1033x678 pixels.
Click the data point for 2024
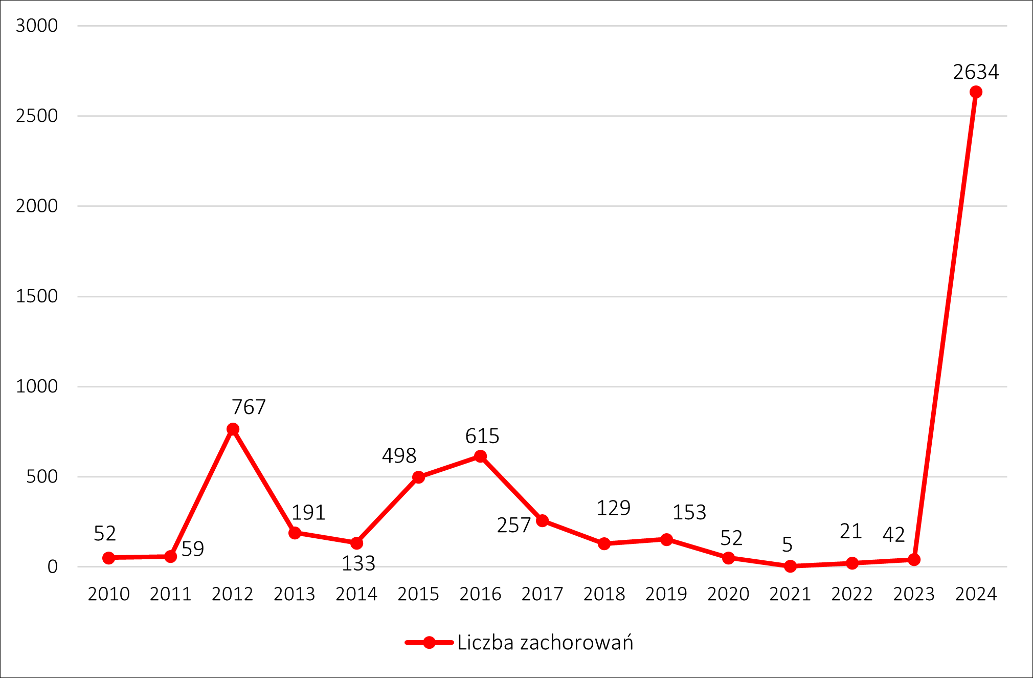pyautogui.click(x=975, y=92)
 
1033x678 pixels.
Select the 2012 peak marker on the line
pyautogui.click(x=233, y=429)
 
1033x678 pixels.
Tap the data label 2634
pyautogui.click(x=976, y=72)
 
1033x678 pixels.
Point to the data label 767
pyautogui.click(x=249, y=407)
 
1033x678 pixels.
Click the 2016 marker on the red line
pyautogui.click(x=480, y=456)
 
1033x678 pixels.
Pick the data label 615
pyautogui.click(x=482, y=436)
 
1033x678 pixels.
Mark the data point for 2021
pyautogui.click(x=790, y=566)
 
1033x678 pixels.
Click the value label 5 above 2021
pyautogui.click(x=787, y=545)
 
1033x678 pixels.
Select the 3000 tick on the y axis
pyautogui.click(x=37, y=26)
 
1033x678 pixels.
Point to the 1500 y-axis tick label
pyautogui.click(x=37, y=296)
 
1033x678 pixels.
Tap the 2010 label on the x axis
pyautogui.click(x=108, y=594)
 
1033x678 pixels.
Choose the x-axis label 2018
pyautogui.click(x=604, y=594)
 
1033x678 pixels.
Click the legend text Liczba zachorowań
pyautogui.click(x=545, y=643)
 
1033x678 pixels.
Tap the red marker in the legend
pyautogui.click(x=429, y=643)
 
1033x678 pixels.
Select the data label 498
pyautogui.click(x=399, y=456)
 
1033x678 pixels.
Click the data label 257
pyautogui.click(x=513, y=526)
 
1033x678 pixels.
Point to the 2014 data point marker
pyautogui.click(x=356, y=543)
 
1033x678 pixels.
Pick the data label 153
pyautogui.click(x=689, y=513)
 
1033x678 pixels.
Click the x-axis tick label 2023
pyautogui.click(x=914, y=594)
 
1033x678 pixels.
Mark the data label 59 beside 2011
pyautogui.click(x=193, y=549)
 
